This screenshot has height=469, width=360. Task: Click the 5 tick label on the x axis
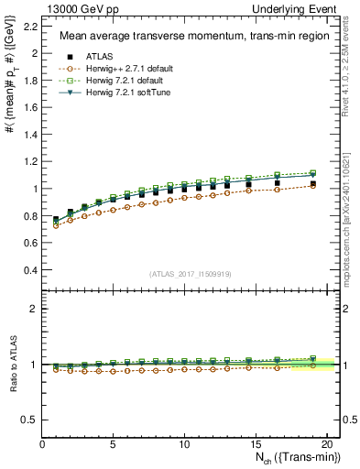tap(114, 445)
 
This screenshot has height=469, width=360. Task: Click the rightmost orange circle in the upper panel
tap(313, 184)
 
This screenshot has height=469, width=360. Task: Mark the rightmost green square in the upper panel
tap(313, 172)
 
